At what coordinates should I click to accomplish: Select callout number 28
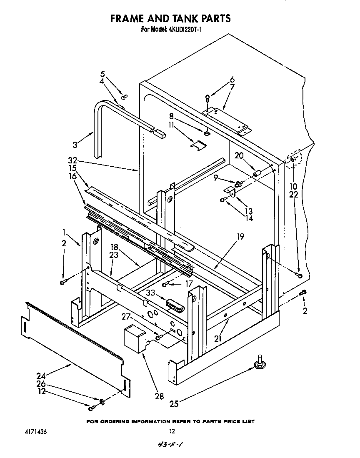[x=160, y=396]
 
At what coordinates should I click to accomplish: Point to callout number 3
[x=75, y=145]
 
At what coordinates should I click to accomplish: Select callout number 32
[x=73, y=160]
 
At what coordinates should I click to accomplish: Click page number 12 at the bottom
[x=171, y=432]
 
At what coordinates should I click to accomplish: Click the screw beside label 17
[x=165, y=284]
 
